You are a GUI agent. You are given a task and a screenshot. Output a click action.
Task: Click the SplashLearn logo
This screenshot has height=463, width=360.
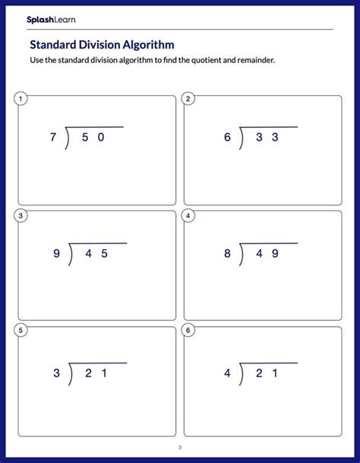51,19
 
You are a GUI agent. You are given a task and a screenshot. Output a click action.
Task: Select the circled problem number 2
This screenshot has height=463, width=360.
188,99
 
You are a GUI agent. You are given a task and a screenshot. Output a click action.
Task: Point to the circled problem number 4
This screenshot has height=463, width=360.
188,216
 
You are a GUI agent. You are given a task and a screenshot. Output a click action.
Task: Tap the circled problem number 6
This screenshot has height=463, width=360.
188,331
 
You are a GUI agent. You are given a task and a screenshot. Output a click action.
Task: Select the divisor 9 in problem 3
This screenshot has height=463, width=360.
56,255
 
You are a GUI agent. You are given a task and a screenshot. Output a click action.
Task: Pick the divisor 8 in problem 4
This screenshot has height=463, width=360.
226,255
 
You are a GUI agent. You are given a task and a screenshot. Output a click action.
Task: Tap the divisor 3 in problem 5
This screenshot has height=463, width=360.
56,373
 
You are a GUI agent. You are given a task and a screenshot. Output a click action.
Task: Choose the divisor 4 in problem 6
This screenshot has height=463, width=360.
226,373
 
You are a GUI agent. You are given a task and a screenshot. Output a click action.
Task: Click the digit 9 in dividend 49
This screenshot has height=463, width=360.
274,255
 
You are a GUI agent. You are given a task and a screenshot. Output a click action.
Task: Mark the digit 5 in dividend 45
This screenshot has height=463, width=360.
104,255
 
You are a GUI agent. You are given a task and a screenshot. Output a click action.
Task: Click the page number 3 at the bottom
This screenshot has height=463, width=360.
180,447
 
